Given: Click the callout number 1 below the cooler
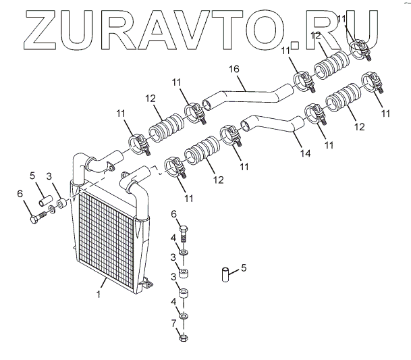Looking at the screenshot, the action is pyautogui.click(x=99, y=294).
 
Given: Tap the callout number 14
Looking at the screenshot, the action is pyautogui.click(x=306, y=154).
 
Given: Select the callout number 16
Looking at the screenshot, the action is pyautogui.click(x=234, y=70).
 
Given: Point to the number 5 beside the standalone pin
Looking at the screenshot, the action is pyautogui.click(x=244, y=267).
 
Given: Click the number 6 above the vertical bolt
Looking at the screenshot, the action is pyautogui.click(x=174, y=215).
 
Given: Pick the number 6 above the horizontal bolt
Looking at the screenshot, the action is pyautogui.click(x=20, y=195).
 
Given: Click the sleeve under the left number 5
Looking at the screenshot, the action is pyautogui.click(x=45, y=201).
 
